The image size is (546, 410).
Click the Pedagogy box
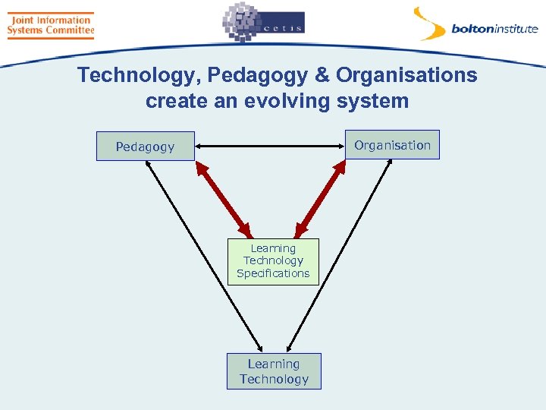click(x=145, y=147)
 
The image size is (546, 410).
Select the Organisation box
click(x=392, y=145)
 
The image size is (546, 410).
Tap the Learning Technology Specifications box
click(x=273, y=261)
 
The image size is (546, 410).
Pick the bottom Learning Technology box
click(x=274, y=371)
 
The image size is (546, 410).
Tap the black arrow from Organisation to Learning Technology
click(x=341, y=254)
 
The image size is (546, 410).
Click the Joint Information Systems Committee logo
click(x=50, y=25)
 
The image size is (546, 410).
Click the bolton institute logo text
click(x=494, y=30)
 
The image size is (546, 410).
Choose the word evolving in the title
click(x=300, y=101)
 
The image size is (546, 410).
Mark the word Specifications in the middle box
click(x=273, y=273)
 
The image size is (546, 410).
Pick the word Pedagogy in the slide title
click(x=249, y=76)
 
